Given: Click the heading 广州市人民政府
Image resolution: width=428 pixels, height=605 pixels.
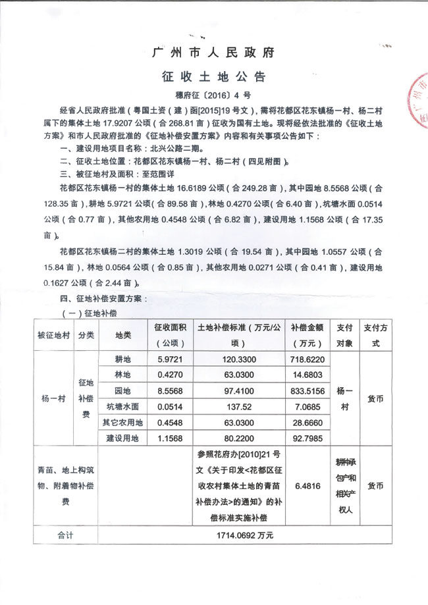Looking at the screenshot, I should coord(213,51).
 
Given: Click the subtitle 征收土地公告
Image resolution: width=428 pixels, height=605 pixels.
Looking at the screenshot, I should coord(213,76).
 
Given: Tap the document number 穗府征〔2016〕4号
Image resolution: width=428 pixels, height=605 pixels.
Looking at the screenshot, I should coord(213,94).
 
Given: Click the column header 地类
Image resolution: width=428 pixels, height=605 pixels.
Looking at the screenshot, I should coord(123,334).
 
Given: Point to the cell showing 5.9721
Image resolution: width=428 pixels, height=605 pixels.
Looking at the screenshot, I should coord(170,360).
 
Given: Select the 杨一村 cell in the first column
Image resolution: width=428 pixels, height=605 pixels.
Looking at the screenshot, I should coord(53,398).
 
